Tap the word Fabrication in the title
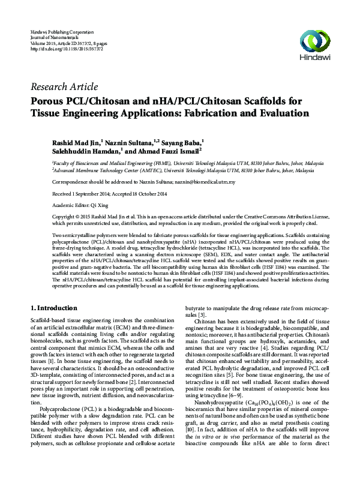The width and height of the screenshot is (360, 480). click(x=221, y=113)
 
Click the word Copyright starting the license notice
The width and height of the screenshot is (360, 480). click(x=65, y=214)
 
